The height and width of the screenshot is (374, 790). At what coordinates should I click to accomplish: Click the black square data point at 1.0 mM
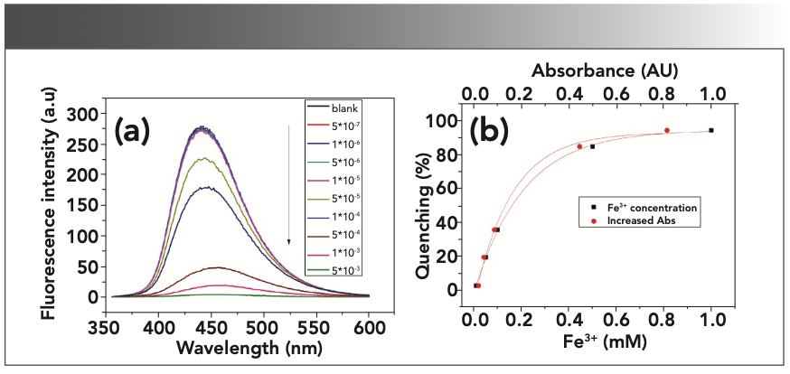(x=711, y=130)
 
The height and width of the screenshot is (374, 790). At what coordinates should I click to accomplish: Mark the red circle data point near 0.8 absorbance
(x=667, y=130)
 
